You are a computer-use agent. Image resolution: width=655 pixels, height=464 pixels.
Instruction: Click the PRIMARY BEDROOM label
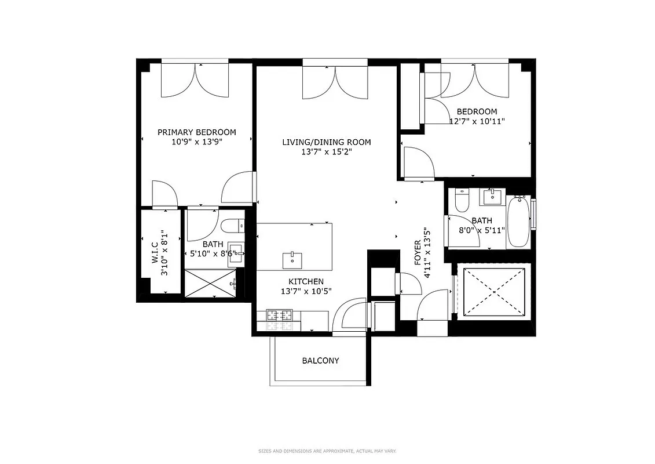tap(196, 132)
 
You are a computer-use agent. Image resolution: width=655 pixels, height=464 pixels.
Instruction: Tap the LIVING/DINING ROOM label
tap(326, 142)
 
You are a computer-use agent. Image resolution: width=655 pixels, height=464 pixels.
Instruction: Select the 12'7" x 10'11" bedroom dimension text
tap(477, 121)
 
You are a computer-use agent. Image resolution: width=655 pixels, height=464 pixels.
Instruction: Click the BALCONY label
tap(320, 361)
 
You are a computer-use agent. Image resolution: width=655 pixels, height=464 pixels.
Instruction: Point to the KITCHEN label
tap(294, 281)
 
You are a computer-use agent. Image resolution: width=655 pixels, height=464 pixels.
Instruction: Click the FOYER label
tap(418, 253)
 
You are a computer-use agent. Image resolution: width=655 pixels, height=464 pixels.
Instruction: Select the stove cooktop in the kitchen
tap(280, 316)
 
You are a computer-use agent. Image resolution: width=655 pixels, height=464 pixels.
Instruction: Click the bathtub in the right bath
tap(518, 222)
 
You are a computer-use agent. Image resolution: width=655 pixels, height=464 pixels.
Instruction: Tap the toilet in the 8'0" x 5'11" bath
tap(462, 200)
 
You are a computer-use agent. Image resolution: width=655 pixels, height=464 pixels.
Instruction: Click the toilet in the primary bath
tap(232, 225)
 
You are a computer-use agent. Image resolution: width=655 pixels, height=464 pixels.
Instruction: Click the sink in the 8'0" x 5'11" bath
tap(493, 197)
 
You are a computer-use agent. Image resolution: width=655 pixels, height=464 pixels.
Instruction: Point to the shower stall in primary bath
tap(212, 284)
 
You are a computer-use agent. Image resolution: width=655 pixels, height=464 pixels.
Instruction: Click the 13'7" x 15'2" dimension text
tap(326, 152)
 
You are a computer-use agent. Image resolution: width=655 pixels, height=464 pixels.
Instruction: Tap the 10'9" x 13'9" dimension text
tap(196, 142)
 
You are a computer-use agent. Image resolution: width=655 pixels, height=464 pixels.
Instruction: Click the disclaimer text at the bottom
tap(327, 451)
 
